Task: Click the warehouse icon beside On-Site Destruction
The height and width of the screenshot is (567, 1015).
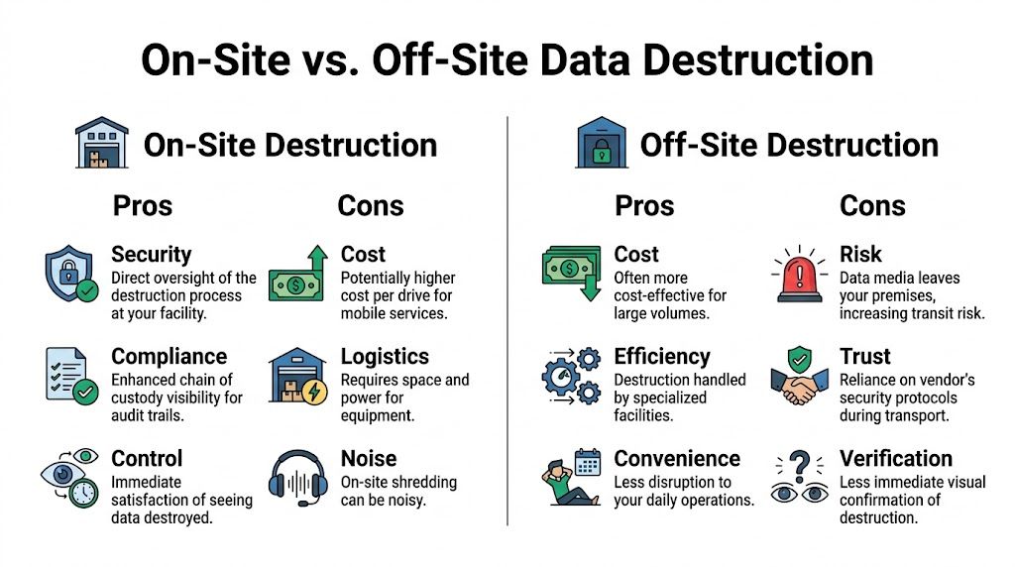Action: (102, 145)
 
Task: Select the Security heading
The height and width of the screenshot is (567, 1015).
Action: (151, 255)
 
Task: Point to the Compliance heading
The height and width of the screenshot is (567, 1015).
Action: (169, 356)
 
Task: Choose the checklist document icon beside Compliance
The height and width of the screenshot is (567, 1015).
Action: (70, 374)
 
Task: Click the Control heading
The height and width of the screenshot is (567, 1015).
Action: (147, 458)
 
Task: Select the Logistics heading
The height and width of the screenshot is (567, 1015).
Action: (385, 356)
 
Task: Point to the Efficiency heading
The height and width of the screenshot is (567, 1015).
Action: (662, 356)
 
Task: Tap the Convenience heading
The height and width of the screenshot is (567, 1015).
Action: (677, 458)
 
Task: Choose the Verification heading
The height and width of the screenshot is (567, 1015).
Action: (895, 458)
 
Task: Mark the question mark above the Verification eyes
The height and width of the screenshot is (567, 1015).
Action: (799, 462)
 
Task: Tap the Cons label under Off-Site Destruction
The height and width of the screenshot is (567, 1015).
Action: (872, 205)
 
